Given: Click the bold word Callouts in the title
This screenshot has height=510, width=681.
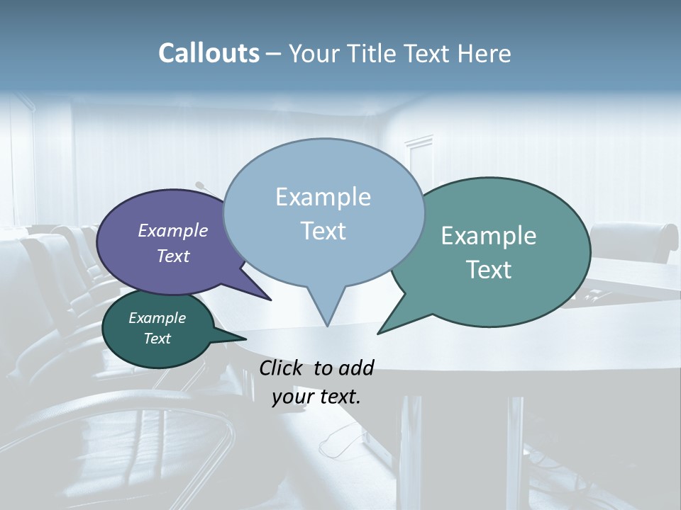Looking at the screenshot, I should pyautogui.click(x=209, y=53).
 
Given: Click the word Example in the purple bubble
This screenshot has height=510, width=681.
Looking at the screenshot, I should pyautogui.click(x=172, y=230).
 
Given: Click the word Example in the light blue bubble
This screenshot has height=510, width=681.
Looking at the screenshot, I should pyautogui.click(x=323, y=197).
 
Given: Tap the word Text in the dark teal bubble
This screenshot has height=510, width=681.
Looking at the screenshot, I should pyautogui.click(x=157, y=339).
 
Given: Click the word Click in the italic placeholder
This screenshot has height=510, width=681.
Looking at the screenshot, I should pyautogui.click(x=281, y=368).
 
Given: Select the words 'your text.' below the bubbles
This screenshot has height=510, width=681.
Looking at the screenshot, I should pyautogui.click(x=316, y=397).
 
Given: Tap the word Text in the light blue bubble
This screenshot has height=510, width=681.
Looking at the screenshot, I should pyautogui.click(x=323, y=231).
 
